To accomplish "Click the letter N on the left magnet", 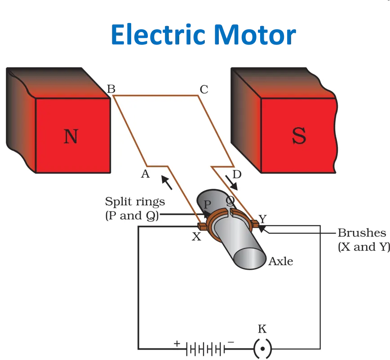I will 71,136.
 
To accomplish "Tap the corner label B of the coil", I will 111,89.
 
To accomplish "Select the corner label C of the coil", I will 204,89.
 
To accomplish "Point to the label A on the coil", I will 145,174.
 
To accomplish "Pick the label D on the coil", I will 237,174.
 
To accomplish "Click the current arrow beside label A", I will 166,182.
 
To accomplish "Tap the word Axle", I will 281,261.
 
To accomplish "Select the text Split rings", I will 135,201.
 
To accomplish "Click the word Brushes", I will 362,233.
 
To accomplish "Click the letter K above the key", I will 262,329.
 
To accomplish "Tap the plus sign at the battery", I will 177,343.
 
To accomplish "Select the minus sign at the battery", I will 231,342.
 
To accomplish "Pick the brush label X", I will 196,237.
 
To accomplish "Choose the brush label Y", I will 263,219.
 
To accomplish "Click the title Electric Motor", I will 204,35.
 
